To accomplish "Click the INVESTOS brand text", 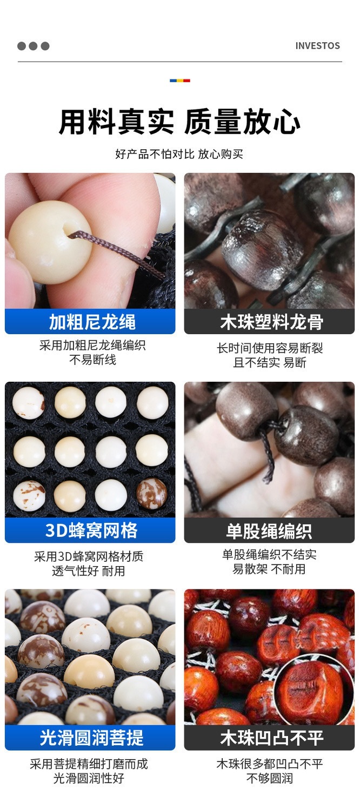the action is [x=317, y=45].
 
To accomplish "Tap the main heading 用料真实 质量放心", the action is [x=179, y=122].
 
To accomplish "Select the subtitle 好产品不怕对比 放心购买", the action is [x=179, y=154].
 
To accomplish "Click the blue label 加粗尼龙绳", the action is [x=92, y=322].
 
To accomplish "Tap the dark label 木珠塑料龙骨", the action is [x=271, y=322].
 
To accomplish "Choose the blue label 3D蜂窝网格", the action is [x=92, y=530].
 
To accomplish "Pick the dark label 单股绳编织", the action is [x=269, y=530].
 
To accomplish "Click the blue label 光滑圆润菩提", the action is [x=91, y=738].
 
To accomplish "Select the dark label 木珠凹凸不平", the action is [x=272, y=738].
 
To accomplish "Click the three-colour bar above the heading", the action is [x=179, y=81].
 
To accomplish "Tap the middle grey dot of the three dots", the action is [x=34, y=46].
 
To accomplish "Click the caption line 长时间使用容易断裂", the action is [x=270, y=348].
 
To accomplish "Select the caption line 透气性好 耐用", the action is [x=89, y=570].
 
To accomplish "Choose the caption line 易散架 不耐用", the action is [x=269, y=569].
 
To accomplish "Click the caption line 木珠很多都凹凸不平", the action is [x=270, y=763].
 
